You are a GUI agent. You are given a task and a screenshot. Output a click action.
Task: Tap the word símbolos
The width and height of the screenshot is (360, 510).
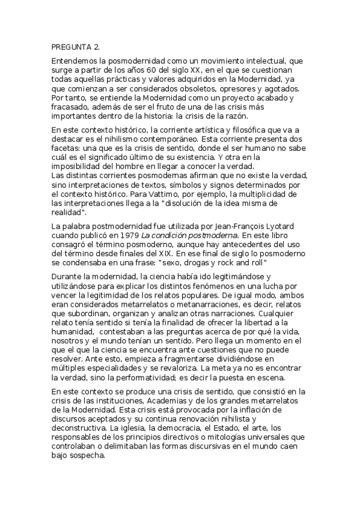(x=203, y=186)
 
